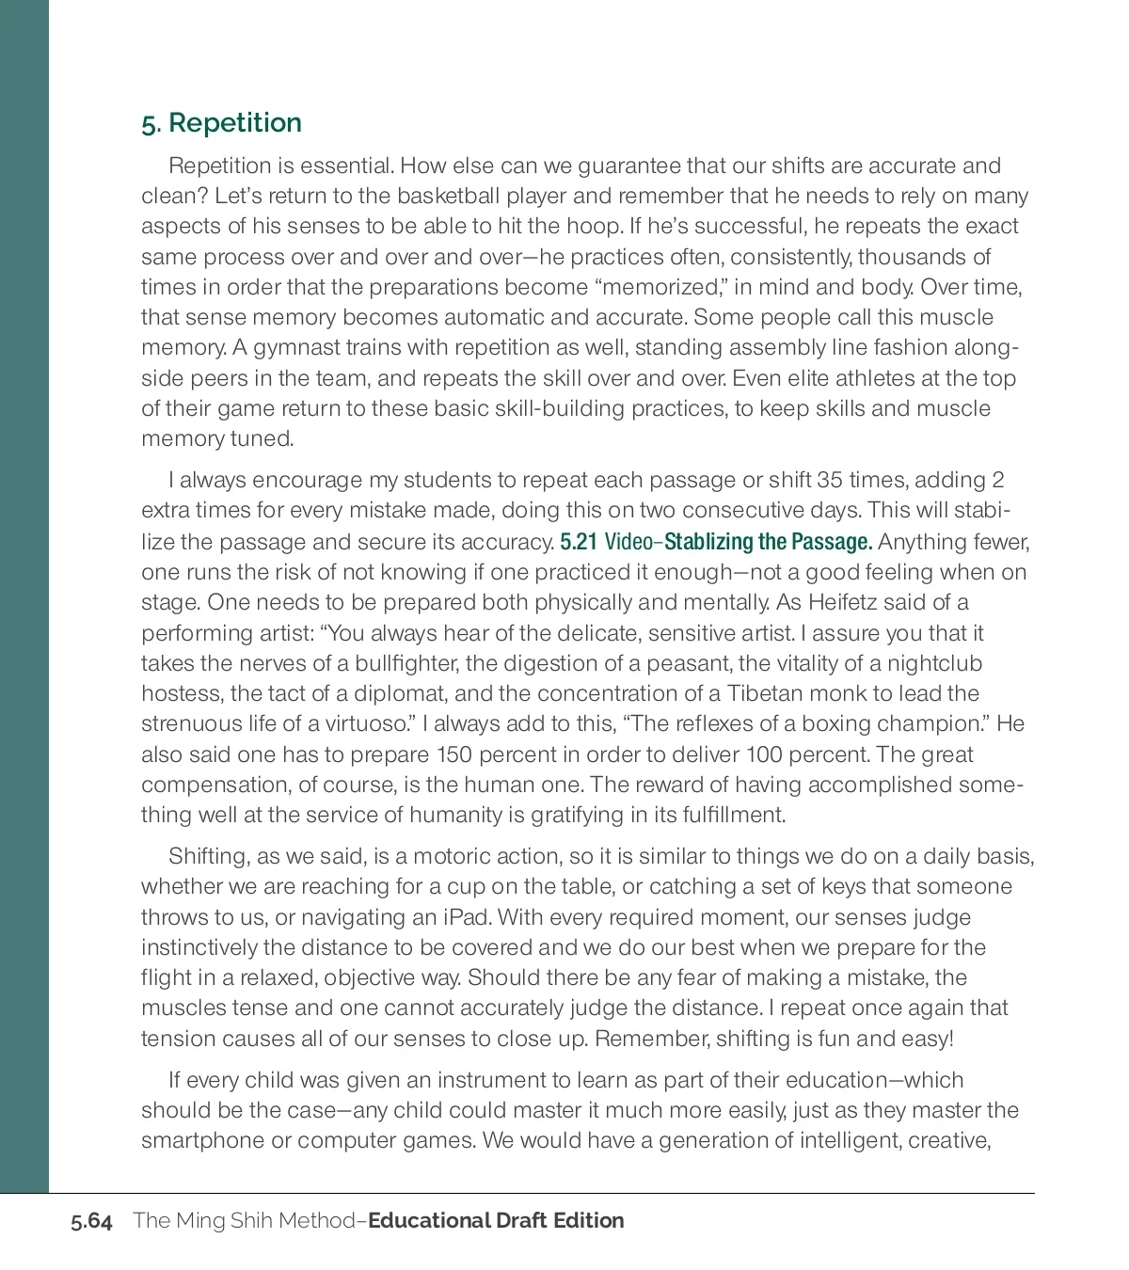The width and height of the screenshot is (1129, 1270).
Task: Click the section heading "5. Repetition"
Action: click(222, 123)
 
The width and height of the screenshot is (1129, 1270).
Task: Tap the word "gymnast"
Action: click(296, 347)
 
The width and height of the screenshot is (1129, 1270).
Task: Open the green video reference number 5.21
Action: click(579, 542)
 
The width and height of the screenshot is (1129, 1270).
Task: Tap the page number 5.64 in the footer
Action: click(91, 1221)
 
